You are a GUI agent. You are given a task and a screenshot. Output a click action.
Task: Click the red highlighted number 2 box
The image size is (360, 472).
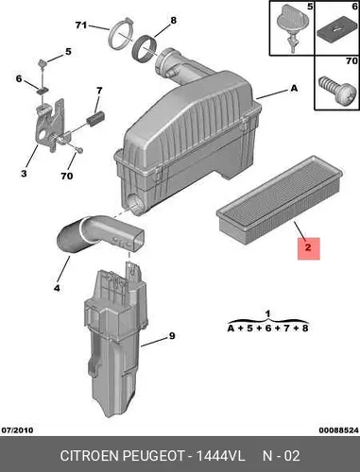(309, 248)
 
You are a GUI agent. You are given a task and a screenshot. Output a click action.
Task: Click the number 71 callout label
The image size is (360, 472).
(81, 25)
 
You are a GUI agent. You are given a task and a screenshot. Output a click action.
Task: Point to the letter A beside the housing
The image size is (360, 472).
(294, 88)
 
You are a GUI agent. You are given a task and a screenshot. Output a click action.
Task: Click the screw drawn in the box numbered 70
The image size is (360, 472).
(335, 92)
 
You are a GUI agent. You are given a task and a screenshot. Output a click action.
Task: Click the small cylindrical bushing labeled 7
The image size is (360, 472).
(95, 120)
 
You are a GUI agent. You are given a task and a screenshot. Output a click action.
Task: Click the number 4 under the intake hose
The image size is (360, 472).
(57, 288)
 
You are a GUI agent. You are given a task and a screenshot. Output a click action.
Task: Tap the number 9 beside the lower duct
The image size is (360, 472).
(172, 336)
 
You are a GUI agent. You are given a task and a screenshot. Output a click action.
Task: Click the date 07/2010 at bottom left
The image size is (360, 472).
(17, 430)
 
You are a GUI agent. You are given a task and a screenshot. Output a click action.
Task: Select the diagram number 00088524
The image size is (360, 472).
(338, 430)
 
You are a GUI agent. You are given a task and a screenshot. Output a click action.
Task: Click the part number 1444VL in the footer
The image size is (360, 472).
(220, 456)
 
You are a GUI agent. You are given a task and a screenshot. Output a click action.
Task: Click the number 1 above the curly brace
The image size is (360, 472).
(267, 314)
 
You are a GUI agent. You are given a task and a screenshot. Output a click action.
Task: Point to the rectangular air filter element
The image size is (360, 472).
(280, 201)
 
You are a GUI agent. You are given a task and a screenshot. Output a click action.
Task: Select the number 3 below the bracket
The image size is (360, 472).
(24, 174)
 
